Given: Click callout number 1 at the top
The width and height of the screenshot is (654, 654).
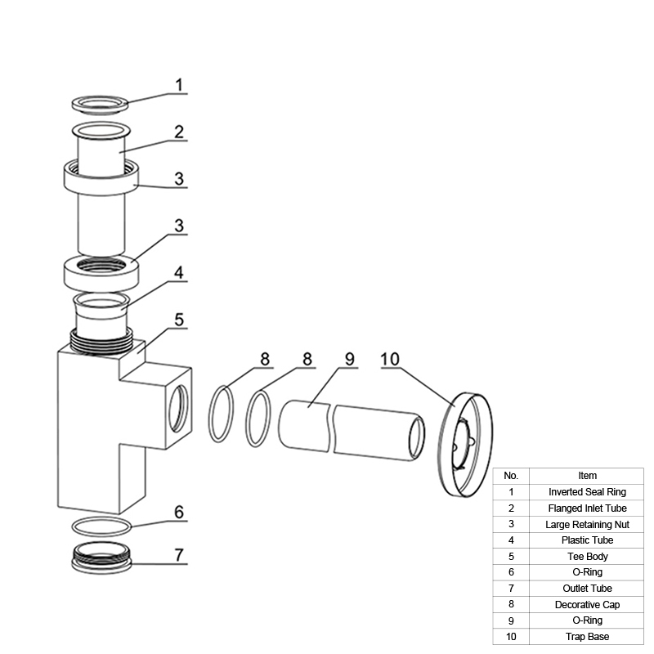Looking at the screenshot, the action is point(179,85).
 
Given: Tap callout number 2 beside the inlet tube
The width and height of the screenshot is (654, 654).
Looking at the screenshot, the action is point(179,132).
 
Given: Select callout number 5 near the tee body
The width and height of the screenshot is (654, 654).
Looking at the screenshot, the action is point(179,320).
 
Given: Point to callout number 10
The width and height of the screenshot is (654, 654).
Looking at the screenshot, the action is point(390,359).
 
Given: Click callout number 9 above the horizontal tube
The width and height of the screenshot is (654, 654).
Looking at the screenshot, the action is point(350,359).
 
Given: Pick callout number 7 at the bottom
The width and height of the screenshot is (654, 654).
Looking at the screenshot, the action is point(179,555).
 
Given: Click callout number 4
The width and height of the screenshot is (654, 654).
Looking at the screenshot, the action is point(179,272).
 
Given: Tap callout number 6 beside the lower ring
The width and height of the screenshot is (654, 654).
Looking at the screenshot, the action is point(179,512).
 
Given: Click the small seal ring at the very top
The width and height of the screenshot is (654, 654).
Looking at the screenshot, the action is point(100,110).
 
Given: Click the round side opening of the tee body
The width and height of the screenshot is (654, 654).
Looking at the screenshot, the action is point(178,409).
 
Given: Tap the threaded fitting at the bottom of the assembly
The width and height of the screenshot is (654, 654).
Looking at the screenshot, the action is point(101,565).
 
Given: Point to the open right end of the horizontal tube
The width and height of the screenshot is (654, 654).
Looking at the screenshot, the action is point(417,437).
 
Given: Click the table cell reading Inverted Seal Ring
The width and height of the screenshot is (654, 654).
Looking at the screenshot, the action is point(587,492).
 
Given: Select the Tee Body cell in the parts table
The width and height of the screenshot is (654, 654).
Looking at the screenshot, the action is point(587,557).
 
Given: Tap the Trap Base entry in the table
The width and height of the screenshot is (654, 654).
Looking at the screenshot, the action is point(587,637).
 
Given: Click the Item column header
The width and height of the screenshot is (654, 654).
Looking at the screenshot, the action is point(587,476).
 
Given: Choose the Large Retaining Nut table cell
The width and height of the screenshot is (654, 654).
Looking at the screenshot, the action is point(587,524).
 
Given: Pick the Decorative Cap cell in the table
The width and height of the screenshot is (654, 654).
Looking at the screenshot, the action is point(587,604).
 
